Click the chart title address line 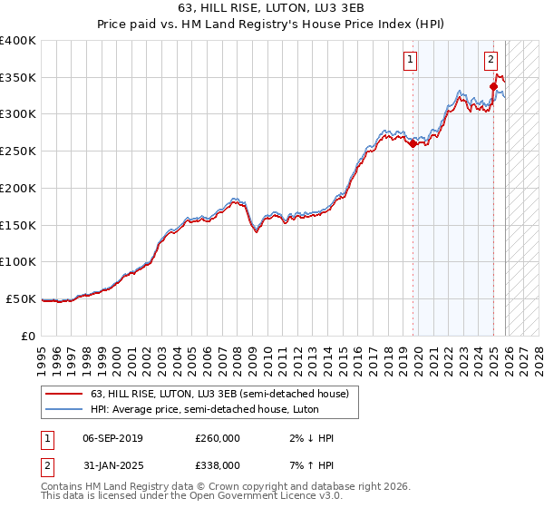pos(272,9)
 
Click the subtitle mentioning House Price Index pos(272,25)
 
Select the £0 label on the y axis pos(27,336)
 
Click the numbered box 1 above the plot pos(411,61)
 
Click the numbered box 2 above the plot pos(491,61)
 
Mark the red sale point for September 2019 pos(413,143)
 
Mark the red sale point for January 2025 pos(494,86)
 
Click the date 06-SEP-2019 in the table pos(112,438)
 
